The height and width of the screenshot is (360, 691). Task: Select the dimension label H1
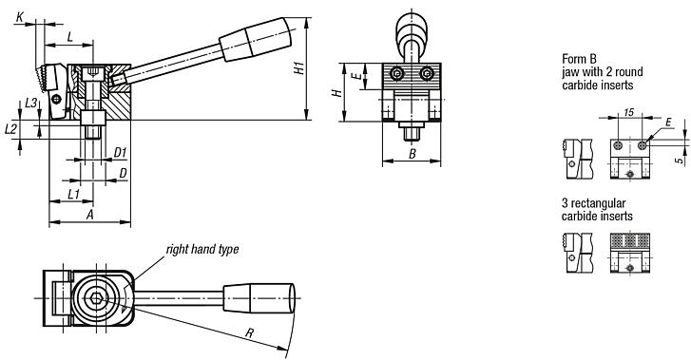pos(298,69)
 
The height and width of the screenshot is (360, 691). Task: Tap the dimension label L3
pos(31,102)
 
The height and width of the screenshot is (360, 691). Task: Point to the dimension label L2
pos(10,127)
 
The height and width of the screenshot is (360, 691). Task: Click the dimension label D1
pos(120,152)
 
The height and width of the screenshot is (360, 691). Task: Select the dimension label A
pos(89,215)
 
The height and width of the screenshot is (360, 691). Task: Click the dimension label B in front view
pos(412,152)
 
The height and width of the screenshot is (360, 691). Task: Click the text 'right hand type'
pos(202,249)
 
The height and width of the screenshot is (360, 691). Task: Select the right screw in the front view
pos(427,73)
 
